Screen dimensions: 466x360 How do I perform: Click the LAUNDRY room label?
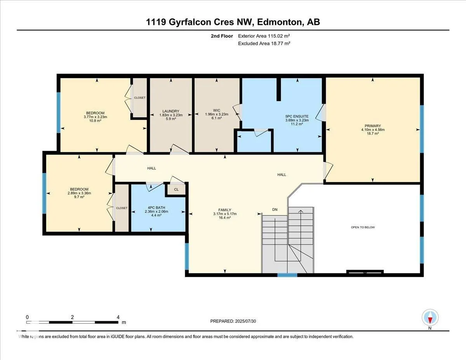coord(171,111)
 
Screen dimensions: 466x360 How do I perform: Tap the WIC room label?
coord(217,111)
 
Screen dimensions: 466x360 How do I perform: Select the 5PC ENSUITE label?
coord(297,117)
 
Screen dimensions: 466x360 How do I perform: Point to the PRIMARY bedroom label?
coord(373,126)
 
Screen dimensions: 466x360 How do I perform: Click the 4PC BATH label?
coord(156,207)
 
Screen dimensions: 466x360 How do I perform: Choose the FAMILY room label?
coord(225,210)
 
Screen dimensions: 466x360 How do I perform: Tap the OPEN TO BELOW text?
coord(363,227)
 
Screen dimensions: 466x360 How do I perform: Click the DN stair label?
coord(275,209)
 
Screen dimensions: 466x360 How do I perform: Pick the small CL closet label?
coord(176,190)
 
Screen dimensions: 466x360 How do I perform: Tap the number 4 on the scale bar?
coord(118,317)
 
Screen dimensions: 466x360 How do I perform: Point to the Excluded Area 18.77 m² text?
coord(264,43)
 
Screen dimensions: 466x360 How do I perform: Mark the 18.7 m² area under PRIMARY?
coord(373,133)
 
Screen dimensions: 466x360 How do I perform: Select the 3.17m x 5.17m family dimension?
coord(225,214)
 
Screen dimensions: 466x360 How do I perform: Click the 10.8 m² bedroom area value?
coord(95,121)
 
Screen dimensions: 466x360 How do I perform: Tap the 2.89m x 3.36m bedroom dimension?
coord(79,193)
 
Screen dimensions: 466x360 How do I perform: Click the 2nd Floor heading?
coord(222,36)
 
